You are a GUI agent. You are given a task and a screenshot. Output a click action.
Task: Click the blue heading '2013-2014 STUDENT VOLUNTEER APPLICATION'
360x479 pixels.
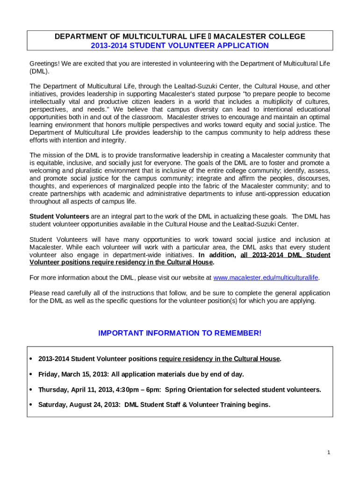tap(180, 45)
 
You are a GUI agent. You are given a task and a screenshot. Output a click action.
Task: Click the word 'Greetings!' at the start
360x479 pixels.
tap(44, 64)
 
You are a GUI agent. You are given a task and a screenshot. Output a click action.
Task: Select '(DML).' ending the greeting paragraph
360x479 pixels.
tap(39, 72)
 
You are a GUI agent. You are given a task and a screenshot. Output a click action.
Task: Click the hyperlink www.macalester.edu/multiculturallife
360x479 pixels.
tap(266, 277)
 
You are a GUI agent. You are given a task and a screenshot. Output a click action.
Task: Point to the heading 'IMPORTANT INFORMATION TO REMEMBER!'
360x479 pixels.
tap(180, 333)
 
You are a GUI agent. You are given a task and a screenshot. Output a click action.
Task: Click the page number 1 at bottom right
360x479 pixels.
tap(329, 452)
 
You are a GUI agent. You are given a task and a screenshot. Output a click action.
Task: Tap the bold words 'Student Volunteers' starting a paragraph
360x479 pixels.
tap(59, 216)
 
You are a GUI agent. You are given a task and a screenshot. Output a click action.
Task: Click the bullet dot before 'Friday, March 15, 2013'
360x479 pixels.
tap(31, 374)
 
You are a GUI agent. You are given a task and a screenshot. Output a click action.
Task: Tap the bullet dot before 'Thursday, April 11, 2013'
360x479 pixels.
tap(31, 390)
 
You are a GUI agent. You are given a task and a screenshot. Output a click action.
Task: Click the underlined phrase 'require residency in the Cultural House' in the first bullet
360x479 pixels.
tap(219, 359)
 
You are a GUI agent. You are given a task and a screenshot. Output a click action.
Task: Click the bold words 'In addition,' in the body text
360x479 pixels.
tap(217, 255)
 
